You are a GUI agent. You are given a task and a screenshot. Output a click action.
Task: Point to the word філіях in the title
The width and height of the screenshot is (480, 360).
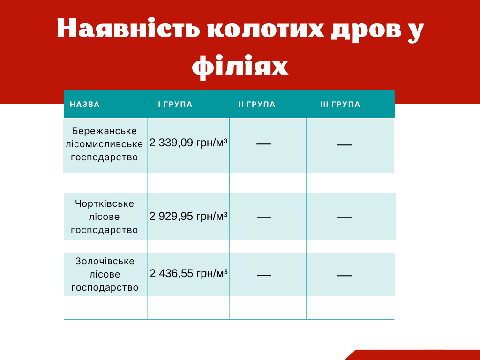(240, 67)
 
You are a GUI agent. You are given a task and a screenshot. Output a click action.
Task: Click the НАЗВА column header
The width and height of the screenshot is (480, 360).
(85, 104)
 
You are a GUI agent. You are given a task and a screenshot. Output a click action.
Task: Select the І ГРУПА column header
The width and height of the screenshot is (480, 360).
(175, 104)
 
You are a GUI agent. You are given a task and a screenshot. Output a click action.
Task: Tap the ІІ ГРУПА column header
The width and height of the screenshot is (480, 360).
(257, 104)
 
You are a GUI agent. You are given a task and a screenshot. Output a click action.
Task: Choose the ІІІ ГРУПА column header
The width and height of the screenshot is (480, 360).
(340, 104)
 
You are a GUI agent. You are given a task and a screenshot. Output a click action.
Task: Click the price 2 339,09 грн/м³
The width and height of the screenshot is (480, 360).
(188, 143)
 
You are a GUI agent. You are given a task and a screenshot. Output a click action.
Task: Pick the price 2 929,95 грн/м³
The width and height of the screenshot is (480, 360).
(188, 216)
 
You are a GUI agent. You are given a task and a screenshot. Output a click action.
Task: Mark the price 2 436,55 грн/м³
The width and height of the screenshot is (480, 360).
(188, 273)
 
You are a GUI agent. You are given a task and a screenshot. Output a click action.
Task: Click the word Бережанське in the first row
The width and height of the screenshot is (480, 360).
(105, 131)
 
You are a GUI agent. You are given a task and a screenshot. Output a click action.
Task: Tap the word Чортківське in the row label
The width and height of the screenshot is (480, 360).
(105, 203)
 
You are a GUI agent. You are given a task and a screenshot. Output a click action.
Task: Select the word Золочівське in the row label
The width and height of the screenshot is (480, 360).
(105, 261)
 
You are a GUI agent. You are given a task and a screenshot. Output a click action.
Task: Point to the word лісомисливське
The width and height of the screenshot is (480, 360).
(105, 144)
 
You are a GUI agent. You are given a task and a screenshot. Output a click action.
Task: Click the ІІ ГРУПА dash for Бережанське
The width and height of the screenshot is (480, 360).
(263, 144)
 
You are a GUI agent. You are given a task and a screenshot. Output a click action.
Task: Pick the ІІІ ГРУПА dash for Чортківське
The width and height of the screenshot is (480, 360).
(345, 217)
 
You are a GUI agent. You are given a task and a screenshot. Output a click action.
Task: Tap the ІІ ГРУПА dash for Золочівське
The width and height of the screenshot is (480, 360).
(264, 275)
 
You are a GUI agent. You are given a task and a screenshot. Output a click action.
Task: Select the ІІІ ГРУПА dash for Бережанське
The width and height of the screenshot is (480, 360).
(345, 145)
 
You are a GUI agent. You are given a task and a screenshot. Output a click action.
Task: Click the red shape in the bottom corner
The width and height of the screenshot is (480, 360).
(417, 355)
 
